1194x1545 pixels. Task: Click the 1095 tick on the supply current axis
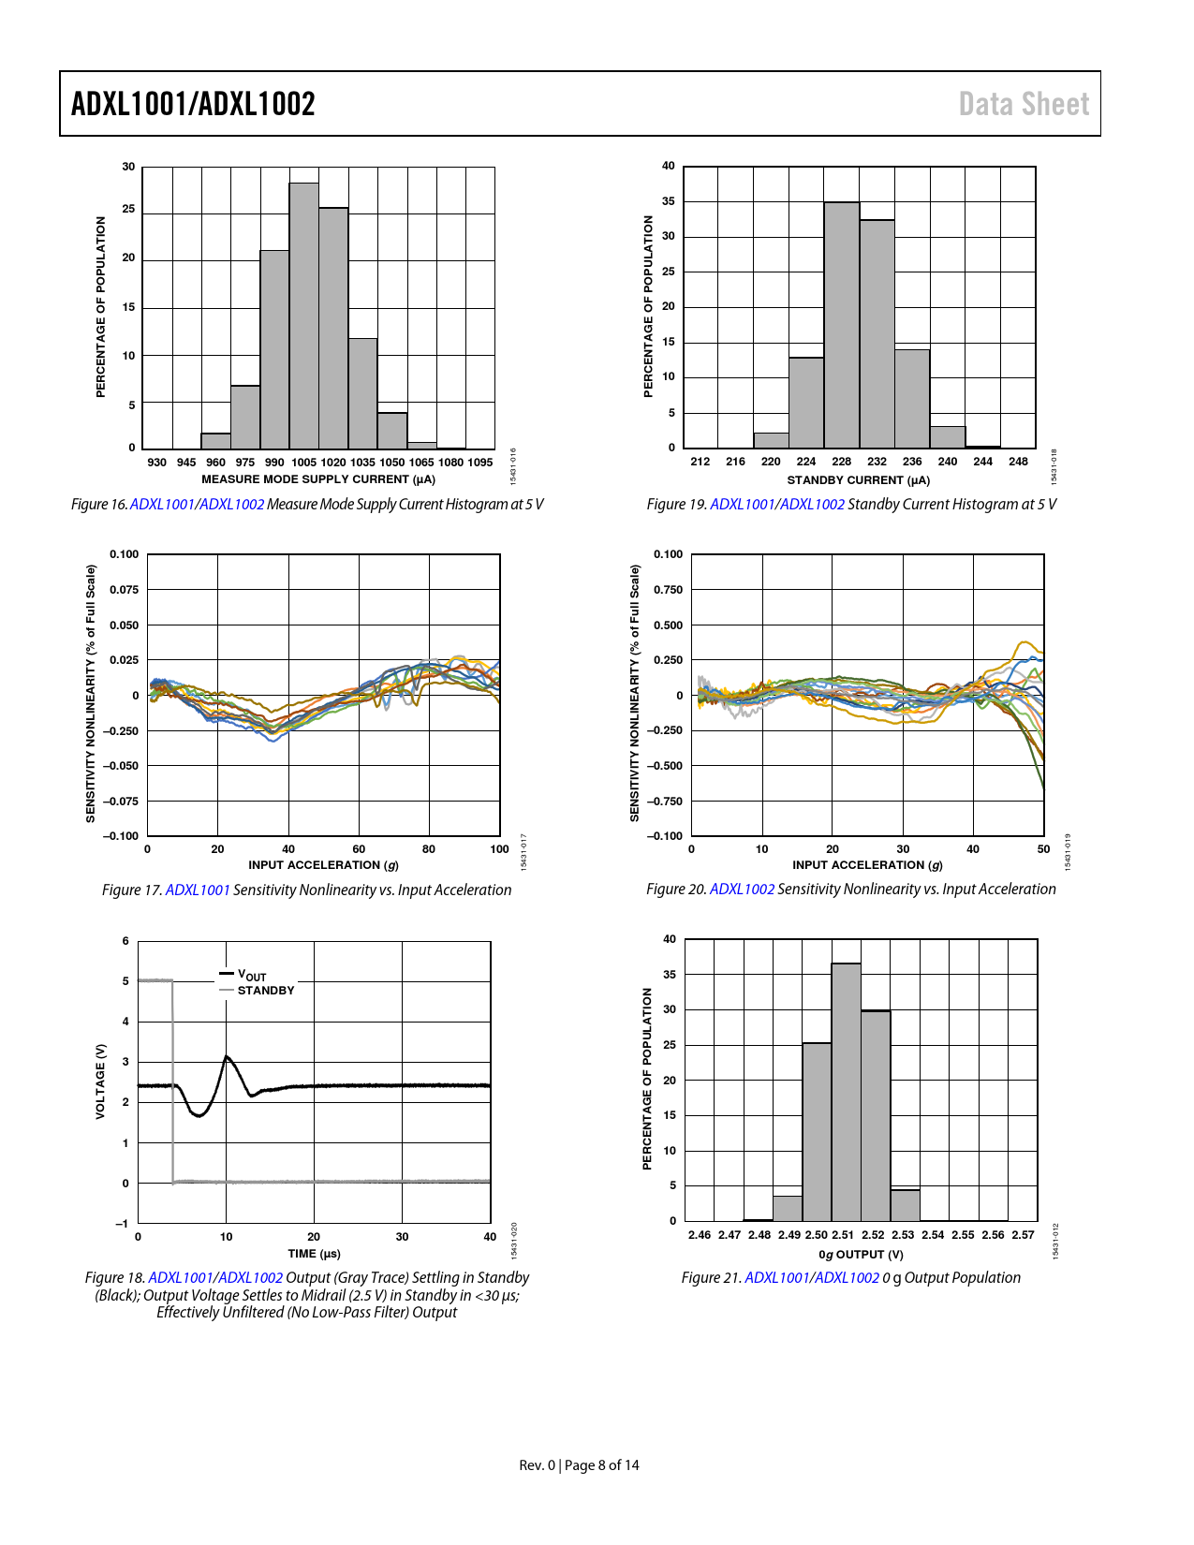coord(480,463)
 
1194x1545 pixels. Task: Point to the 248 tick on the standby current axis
coord(1018,462)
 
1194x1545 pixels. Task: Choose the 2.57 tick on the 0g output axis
coord(1023,1235)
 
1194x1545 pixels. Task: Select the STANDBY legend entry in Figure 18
coord(265,991)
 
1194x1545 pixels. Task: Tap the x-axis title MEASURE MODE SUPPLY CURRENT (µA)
coord(318,479)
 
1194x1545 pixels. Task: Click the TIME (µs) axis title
coord(314,1254)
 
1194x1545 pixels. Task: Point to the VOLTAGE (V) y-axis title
coord(101,1081)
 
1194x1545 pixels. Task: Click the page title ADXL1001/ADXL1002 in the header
coord(193,104)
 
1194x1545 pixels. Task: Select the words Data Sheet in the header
coord(1024,104)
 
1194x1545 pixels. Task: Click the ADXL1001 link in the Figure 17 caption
coord(198,890)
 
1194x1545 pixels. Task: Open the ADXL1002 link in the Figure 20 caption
coord(742,889)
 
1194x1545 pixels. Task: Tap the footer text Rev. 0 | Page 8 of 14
coord(579,1465)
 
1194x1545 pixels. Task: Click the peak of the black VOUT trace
coord(227,1057)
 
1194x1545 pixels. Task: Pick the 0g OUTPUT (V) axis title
coord(861,1255)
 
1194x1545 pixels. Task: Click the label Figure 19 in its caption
coord(676,505)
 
